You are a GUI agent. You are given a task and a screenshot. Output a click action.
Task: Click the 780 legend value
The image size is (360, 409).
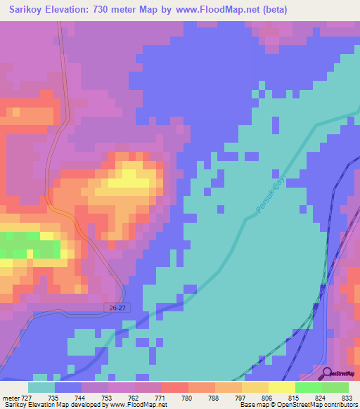pos(187,397)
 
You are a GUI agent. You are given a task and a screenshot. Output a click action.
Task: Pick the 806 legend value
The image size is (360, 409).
pos(266,397)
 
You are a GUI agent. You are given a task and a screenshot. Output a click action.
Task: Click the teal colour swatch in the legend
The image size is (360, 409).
pos(41,387)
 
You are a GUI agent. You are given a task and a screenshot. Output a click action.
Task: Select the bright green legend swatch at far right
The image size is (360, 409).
pos(335,387)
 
